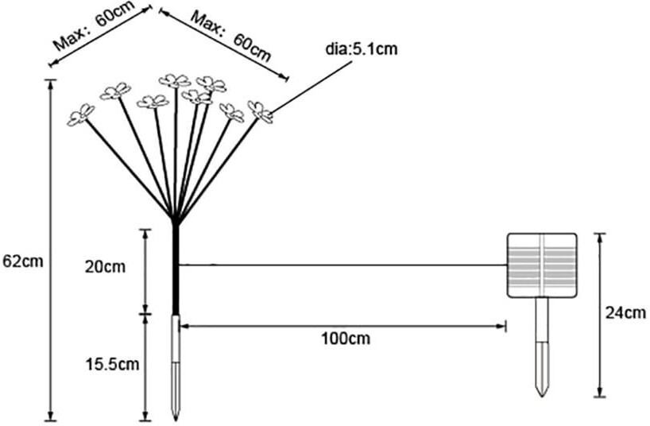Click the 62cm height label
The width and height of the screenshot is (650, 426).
coord(23,261)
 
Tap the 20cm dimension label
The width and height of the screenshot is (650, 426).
coord(105,266)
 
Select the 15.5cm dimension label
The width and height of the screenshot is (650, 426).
coord(112,364)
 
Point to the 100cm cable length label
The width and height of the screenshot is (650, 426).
coord(346,339)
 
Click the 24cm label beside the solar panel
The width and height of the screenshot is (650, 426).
coord(625,312)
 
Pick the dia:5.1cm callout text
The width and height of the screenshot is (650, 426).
coord(362,49)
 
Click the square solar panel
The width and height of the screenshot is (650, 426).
coord(542,265)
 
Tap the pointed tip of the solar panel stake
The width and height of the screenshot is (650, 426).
coord(542,396)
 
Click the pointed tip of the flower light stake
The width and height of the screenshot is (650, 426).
coord(176,420)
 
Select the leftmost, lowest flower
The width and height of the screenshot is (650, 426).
coord(80,115)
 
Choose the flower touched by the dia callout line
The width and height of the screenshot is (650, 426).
coord(261,112)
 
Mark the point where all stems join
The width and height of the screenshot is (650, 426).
coord(176,219)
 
